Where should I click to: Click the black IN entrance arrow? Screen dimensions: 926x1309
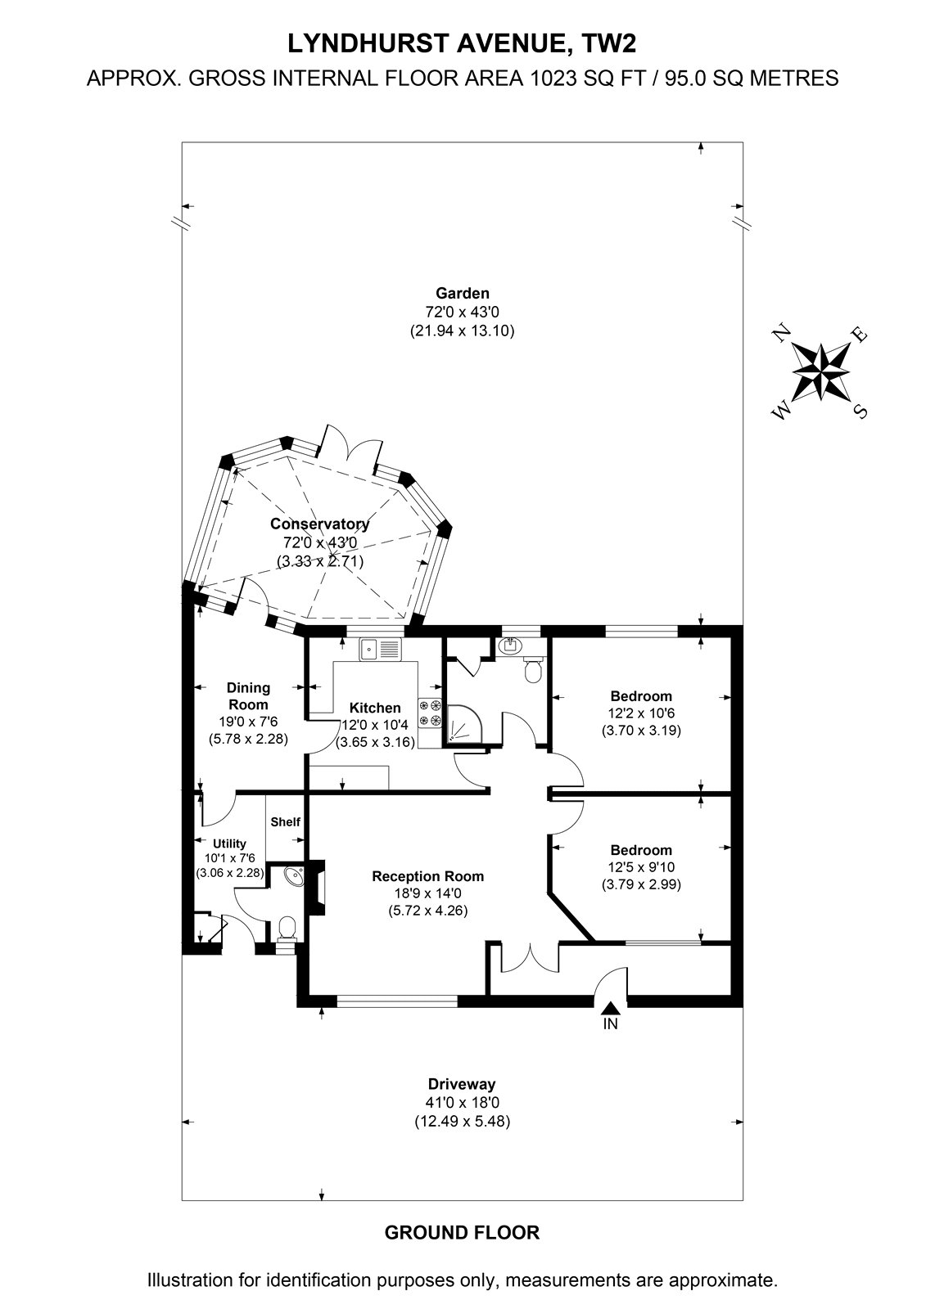click(610, 1007)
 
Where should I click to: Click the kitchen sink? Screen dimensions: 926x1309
click(382, 650)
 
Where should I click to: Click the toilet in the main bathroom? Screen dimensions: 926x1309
click(534, 670)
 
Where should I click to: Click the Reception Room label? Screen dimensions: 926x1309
click(427, 876)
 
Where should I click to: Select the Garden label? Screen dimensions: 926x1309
click(462, 294)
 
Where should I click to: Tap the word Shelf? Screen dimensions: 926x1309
click(286, 822)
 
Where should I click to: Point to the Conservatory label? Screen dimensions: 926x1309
click(319, 524)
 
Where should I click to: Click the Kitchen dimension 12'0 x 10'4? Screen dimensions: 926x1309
click(375, 725)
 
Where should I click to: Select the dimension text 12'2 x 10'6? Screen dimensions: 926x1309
click(641, 713)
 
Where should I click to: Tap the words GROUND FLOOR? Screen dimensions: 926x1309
click(462, 1232)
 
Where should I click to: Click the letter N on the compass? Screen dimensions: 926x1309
click(782, 335)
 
